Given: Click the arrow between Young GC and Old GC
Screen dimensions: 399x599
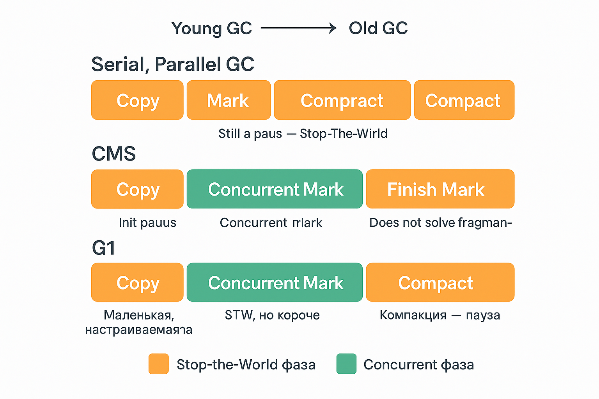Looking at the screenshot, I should click(x=298, y=28).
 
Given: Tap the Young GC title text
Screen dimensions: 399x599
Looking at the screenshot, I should click(x=212, y=28).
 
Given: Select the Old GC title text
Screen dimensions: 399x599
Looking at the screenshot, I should click(x=378, y=28).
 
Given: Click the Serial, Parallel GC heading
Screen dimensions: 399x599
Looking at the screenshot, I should click(x=173, y=64).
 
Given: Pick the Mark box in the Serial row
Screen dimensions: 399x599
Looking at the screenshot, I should click(x=229, y=100).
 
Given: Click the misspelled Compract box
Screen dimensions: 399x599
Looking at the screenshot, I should click(x=342, y=100).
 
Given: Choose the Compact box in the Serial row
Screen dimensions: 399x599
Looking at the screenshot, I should click(x=464, y=100).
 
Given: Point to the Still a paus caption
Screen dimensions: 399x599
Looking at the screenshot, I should click(x=303, y=134).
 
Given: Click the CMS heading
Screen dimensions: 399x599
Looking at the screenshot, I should click(x=113, y=154).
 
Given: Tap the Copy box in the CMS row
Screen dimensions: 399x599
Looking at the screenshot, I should click(x=137, y=189).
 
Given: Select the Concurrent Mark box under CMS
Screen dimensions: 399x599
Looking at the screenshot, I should click(x=275, y=189).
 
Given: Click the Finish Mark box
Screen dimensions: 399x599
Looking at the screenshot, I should click(x=440, y=189).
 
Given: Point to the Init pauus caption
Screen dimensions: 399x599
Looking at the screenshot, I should click(x=147, y=222).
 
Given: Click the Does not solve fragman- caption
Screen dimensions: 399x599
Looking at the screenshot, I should click(x=440, y=222).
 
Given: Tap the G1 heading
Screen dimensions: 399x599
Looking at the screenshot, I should click(x=104, y=248).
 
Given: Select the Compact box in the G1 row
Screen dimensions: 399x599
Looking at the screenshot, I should click(x=440, y=282).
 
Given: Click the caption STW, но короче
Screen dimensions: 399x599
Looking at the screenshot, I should click(x=272, y=315).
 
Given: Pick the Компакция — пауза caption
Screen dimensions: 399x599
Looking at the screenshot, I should click(x=440, y=315).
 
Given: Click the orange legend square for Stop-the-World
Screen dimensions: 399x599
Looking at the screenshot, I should click(x=159, y=364).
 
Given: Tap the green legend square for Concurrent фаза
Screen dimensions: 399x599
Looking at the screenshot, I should click(x=346, y=364).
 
